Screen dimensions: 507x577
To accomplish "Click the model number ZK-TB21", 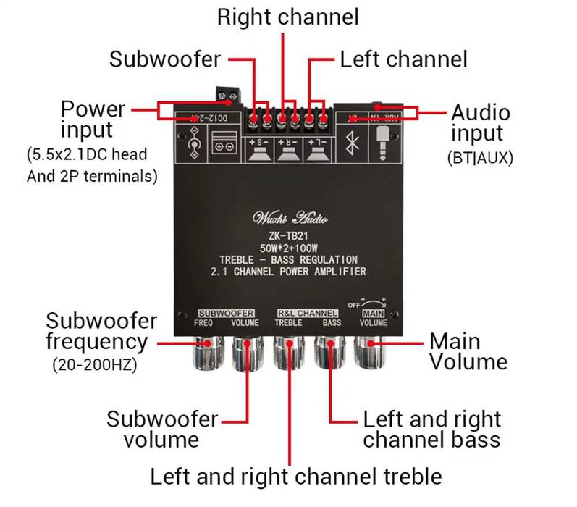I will tap(289, 235).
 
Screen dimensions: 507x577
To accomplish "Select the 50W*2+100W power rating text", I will tap(289, 248).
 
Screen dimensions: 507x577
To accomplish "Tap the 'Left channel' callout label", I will tap(403, 59).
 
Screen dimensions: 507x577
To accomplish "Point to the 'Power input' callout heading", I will tap(93, 120).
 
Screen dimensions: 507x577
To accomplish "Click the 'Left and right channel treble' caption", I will tap(295, 477).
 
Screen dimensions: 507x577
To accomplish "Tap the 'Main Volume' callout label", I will tap(468, 351).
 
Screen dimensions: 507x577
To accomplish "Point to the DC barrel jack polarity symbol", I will tap(193, 142).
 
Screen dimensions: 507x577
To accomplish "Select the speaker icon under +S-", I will tap(259, 152).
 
